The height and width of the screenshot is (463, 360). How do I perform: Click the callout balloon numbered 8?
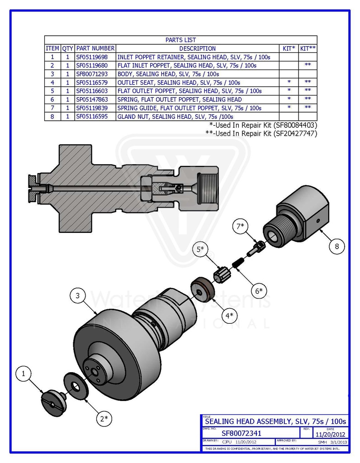click(x=336, y=246)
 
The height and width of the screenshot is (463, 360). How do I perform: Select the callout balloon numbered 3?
click(x=78, y=296)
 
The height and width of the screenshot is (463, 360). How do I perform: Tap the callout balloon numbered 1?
click(x=24, y=374)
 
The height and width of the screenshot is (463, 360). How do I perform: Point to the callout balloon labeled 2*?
click(x=104, y=418)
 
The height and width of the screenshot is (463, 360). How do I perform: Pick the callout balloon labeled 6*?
click(x=258, y=291)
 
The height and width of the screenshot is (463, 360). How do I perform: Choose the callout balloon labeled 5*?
click(x=199, y=249)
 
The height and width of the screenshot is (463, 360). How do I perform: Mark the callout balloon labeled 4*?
click(x=229, y=315)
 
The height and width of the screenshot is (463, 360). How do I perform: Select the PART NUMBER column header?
click(x=95, y=48)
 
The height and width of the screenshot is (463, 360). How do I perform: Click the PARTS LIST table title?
click(x=180, y=40)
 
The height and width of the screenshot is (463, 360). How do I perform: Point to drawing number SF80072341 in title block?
click(x=241, y=433)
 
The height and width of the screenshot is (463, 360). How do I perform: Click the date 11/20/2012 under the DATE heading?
click(x=331, y=435)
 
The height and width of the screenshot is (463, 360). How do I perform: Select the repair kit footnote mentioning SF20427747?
click(x=261, y=133)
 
